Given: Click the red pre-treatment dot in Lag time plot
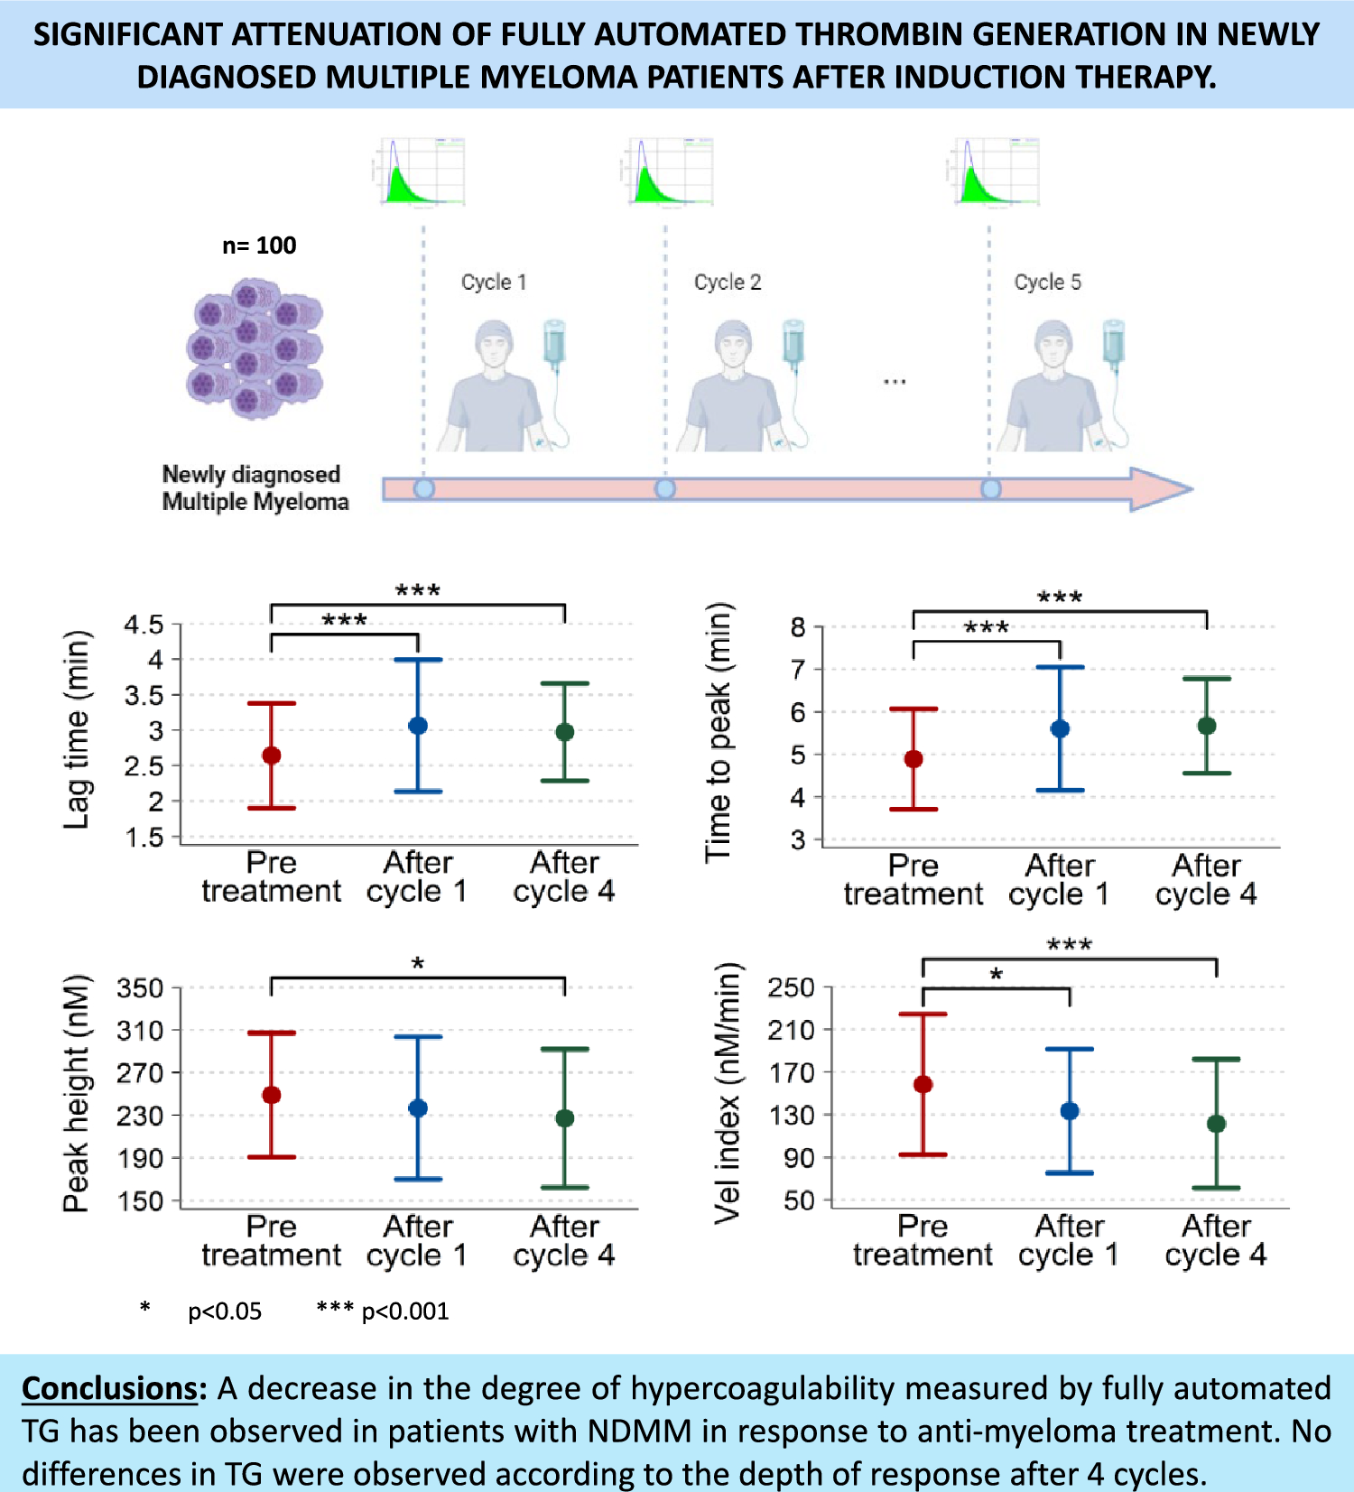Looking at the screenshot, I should [x=271, y=755].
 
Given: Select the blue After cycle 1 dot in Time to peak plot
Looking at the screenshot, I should [x=1060, y=728].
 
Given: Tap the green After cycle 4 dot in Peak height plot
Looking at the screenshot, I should [x=565, y=1118].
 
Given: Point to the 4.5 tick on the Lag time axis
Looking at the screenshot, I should [x=144, y=625].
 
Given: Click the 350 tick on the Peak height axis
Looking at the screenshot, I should [x=141, y=988].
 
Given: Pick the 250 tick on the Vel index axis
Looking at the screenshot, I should [x=792, y=987].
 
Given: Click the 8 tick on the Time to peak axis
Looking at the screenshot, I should [x=799, y=626].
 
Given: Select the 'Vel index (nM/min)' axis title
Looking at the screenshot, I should [x=728, y=1093].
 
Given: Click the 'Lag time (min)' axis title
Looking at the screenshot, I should [x=78, y=729].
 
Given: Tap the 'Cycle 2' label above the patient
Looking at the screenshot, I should [x=728, y=283].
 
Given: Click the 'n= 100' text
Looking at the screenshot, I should [x=259, y=246].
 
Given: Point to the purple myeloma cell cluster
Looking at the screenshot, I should [x=255, y=348].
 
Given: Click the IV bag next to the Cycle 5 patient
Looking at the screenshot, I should [x=1114, y=343].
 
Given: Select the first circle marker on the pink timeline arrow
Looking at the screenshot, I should [x=424, y=489].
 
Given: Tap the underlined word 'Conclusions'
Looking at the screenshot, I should [x=109, y=1388].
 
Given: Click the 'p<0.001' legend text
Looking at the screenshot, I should [x=405, y=1311].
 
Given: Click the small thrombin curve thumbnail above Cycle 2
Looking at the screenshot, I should [x=669, y=171].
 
